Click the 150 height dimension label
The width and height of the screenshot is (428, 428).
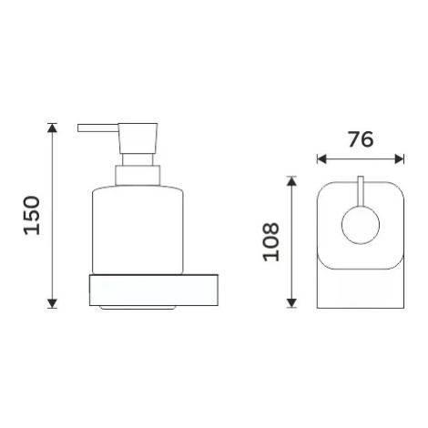point(32,216)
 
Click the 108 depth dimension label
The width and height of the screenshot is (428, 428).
point(270,241)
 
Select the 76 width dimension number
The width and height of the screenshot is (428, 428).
point(361,139)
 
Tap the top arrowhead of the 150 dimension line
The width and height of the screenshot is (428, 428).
point(52,127)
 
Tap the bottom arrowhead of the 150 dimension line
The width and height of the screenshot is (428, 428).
point(52,303)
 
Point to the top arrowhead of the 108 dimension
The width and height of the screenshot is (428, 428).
point(291,180)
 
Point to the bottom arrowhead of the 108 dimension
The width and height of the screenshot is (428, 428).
point(291,303)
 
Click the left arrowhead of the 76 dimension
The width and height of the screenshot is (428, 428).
point(321,158)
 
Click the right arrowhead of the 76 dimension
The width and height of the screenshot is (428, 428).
point(399,158)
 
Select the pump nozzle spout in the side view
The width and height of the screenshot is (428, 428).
point(98,127)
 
